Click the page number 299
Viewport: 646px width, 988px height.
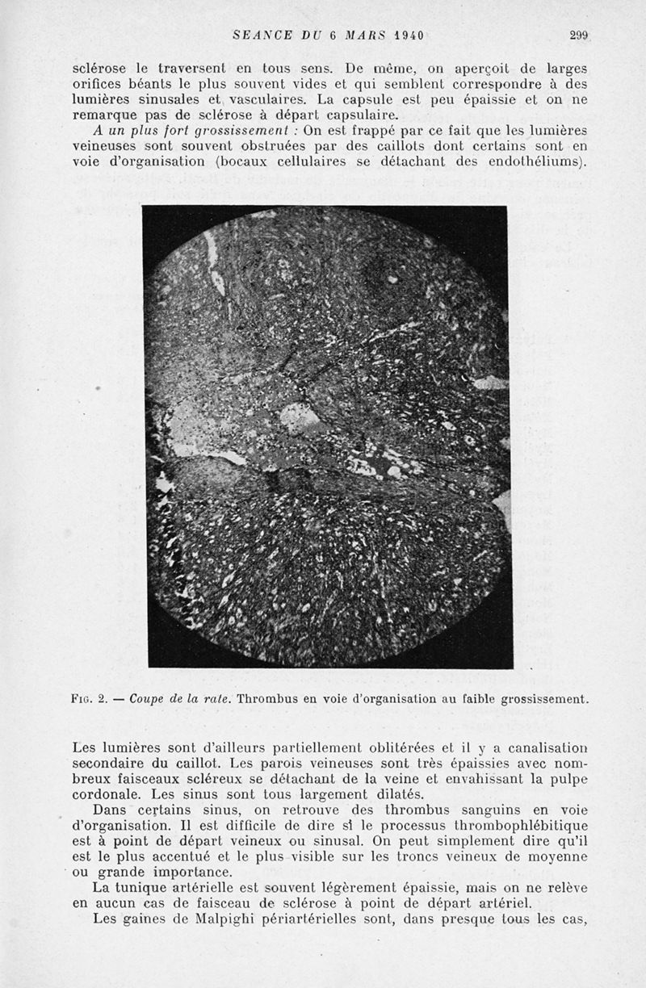(x=579, y=35)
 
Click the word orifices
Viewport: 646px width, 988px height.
(x=100, y=85)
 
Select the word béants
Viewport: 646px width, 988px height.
(x=155, y=85)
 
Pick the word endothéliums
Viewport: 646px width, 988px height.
(x=535, y=161)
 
